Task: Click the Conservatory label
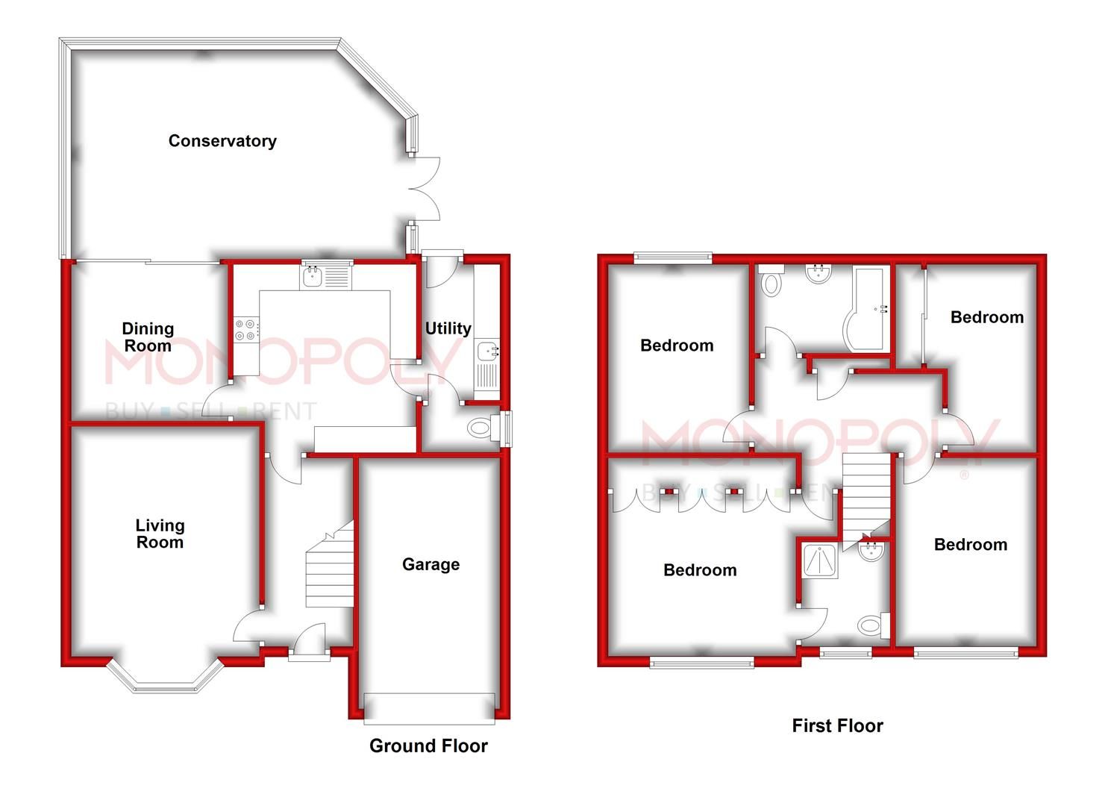(222, 141)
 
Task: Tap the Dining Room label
(148, 337)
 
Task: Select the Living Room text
(160, 534)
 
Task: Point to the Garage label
(431, 565)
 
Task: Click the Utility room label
(448, 328)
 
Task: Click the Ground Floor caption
(428, 746)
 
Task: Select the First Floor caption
(837, 725)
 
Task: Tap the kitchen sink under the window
(326, 278)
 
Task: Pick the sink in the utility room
(487, 351)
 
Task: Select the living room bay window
(166, 678)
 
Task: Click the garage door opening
(429, 708)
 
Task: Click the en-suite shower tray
(819, 560)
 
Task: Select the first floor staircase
(866, 496)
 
